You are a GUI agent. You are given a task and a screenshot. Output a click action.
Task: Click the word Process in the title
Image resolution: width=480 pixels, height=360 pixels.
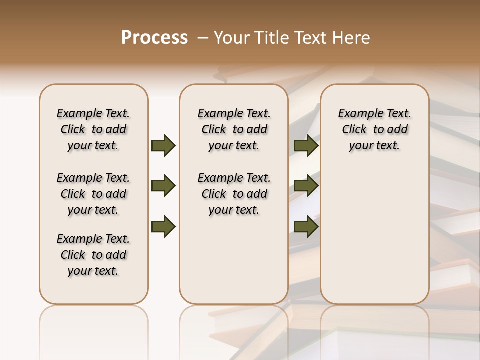point(154,38)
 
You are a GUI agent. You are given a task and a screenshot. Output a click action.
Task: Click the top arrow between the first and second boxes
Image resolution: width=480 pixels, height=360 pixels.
point(163,145)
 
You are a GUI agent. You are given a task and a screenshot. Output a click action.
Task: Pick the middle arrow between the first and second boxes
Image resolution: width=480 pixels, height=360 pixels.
point(163,186)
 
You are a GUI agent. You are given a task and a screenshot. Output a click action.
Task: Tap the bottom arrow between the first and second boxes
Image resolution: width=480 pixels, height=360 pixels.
point(163,226)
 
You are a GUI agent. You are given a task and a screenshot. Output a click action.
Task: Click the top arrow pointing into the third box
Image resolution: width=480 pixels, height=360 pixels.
point(306,145)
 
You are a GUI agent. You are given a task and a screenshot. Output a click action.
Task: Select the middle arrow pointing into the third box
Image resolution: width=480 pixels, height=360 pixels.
point(306,186)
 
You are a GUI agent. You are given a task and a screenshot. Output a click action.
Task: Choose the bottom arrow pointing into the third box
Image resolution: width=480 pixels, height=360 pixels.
point(306,226)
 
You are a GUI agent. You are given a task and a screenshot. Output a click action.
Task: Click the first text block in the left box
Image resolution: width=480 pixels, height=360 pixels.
point(93,129)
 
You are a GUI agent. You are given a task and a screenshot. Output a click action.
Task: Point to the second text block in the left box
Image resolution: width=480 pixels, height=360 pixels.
point(93,194)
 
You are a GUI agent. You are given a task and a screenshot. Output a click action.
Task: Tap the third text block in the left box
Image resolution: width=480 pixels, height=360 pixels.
point(93,255)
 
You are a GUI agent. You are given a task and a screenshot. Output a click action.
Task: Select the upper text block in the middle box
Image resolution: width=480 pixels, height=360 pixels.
point(234,129)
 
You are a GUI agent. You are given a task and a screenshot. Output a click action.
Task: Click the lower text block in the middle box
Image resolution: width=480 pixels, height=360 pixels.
point(234,194)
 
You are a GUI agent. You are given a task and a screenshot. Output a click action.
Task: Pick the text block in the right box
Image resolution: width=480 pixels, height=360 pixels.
point(374,129)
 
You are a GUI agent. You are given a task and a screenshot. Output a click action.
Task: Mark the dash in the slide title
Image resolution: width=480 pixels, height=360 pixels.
point(203,38)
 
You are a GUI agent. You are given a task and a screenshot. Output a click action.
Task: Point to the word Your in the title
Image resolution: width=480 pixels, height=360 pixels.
point(231,38)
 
